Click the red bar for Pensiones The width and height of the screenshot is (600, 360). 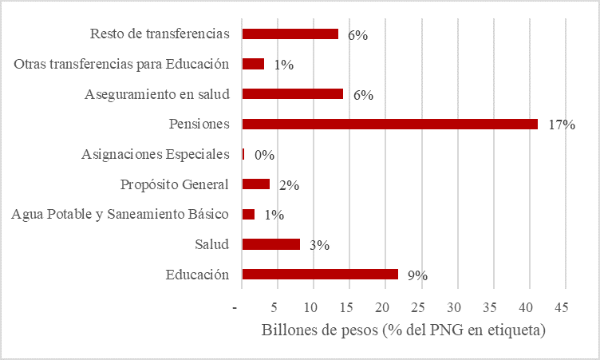tap(389, 124)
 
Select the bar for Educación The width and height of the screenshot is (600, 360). tap(319, 275)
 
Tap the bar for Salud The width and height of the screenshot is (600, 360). tap(270, 244)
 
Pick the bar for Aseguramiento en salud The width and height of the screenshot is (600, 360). tap(292, 93)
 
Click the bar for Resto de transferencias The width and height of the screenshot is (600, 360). tap(290, 34)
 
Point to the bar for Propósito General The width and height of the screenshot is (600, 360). tap(255, 184)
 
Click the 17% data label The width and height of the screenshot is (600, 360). tap(562, 125)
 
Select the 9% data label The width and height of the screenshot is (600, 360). tap(417, 275)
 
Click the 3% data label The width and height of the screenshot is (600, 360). tap(320, 245)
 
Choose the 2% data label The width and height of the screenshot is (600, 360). tap(289, 185)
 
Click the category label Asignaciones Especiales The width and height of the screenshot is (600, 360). tap(156, 154)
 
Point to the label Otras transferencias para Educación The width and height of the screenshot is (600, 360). tap(122, 64)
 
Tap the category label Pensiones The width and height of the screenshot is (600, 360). tap(199, 124)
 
